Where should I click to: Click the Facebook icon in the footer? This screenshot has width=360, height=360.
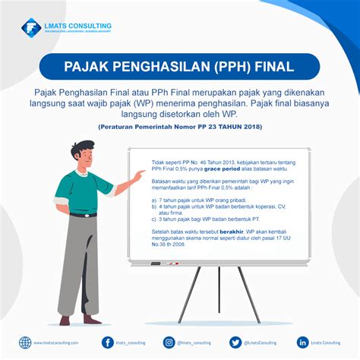(108, 343)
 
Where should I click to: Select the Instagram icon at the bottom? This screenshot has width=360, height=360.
(169, 343)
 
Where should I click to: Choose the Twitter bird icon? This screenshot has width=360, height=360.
(235, 343)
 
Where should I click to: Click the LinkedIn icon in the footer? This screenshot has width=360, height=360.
(303, 343)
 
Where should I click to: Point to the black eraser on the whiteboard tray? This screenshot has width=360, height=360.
(155, 264)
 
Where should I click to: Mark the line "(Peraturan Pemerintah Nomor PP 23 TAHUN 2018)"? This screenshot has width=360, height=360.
(179, 127)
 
